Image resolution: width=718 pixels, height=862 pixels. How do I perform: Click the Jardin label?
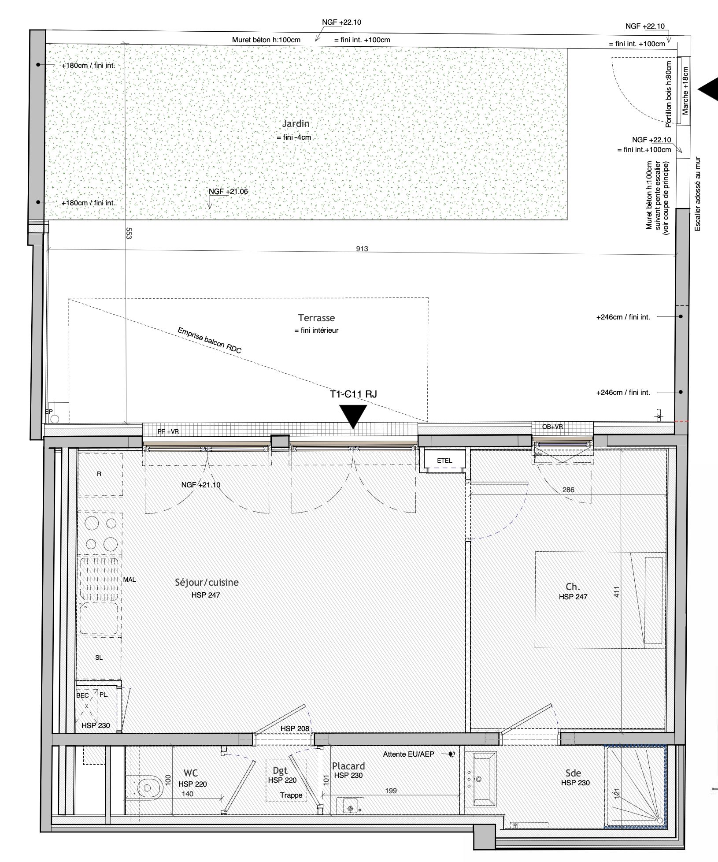(296, 124)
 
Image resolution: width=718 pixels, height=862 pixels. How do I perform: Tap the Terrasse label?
(316, 318)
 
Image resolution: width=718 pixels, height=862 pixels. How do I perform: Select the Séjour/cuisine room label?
(207, 582)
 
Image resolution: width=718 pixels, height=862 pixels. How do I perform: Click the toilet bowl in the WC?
(148, 787)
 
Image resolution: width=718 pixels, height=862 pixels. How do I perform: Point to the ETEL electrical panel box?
(444, 461)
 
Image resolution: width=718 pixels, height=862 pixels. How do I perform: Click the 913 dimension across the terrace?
(362, 249)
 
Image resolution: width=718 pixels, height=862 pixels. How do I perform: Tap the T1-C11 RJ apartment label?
(353, 394)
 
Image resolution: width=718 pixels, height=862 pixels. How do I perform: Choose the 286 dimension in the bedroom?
(568, 489)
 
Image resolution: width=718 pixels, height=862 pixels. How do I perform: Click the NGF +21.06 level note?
(228, 192)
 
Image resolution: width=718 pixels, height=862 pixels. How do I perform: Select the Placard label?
(348, 766)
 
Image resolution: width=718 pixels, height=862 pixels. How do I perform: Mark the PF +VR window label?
(168, 431)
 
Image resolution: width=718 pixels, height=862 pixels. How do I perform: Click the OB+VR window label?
(552, 427)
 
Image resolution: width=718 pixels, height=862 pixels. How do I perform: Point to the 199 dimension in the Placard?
(391, 791)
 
